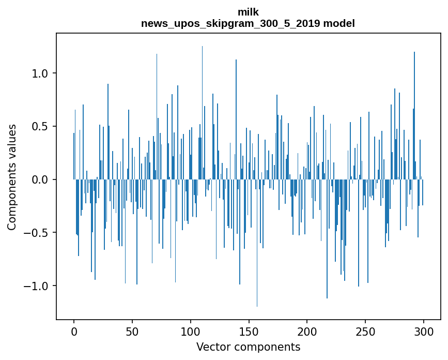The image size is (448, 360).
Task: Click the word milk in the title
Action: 248,12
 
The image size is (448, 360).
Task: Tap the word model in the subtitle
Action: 339,23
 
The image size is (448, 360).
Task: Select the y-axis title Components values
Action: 12,177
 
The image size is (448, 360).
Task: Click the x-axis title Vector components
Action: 248,347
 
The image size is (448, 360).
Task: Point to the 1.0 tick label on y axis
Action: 40,73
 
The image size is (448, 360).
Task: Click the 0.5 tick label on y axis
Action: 40,127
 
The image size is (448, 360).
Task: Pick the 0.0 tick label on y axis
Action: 40,179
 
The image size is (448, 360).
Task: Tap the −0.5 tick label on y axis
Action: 36,233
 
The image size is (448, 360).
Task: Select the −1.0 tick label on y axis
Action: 36,286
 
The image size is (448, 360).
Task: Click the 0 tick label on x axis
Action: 74,331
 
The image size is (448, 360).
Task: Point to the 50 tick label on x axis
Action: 132,331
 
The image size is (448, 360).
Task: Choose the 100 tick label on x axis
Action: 191,331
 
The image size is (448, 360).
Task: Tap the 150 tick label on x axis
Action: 249,331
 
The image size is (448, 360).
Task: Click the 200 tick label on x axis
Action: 307,331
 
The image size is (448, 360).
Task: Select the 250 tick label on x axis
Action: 365,331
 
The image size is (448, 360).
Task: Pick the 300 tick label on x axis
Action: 424,331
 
